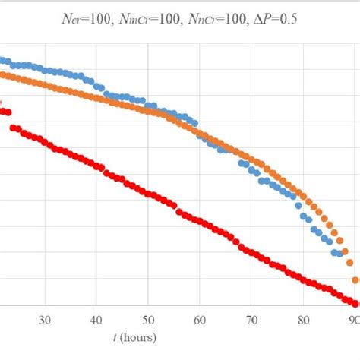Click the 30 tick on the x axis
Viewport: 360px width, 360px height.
(x=45, y=320)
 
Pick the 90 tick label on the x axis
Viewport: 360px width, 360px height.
(x=354, y=320)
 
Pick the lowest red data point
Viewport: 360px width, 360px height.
(x=355, y=302)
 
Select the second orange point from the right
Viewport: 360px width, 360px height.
(x=350, y=263)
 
